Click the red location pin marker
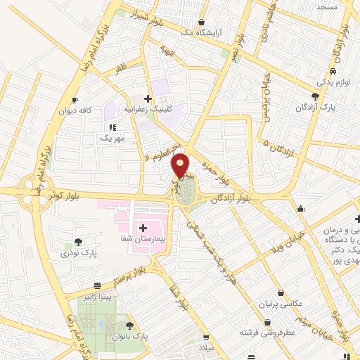(x=181, y=165)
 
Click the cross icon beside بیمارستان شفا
(x=143, y=227)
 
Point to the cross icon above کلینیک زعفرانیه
(x=148, y=98)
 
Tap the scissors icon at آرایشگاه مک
(x=202, y=22)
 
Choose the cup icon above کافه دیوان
(x=75, y=100)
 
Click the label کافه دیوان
(x=75, y=111)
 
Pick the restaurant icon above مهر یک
(x=112, y=127)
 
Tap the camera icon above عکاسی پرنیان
(x=281, y=292)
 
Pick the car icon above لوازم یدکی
(x=330, y=71)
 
